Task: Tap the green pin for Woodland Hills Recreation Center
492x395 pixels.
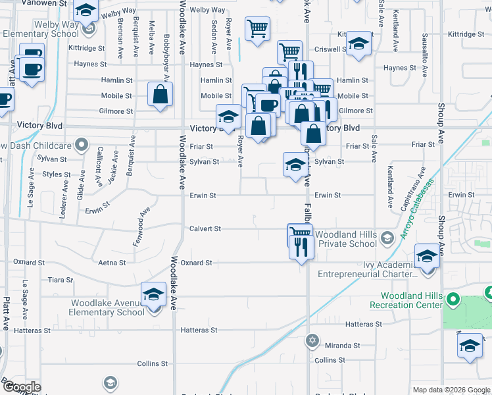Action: point(453,300)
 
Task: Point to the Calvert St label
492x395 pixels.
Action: point(205,228)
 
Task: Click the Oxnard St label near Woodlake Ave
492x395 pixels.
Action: point(196,263)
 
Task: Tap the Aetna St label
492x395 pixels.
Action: point(111,263)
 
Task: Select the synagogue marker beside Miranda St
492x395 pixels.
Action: point(312,341)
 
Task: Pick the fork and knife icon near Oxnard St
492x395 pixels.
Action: point(301,246)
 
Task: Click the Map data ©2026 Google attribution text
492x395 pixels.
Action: point(451,390)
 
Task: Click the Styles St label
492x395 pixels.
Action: point(57,174)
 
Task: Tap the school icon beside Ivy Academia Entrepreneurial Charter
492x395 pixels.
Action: point(427,256)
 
